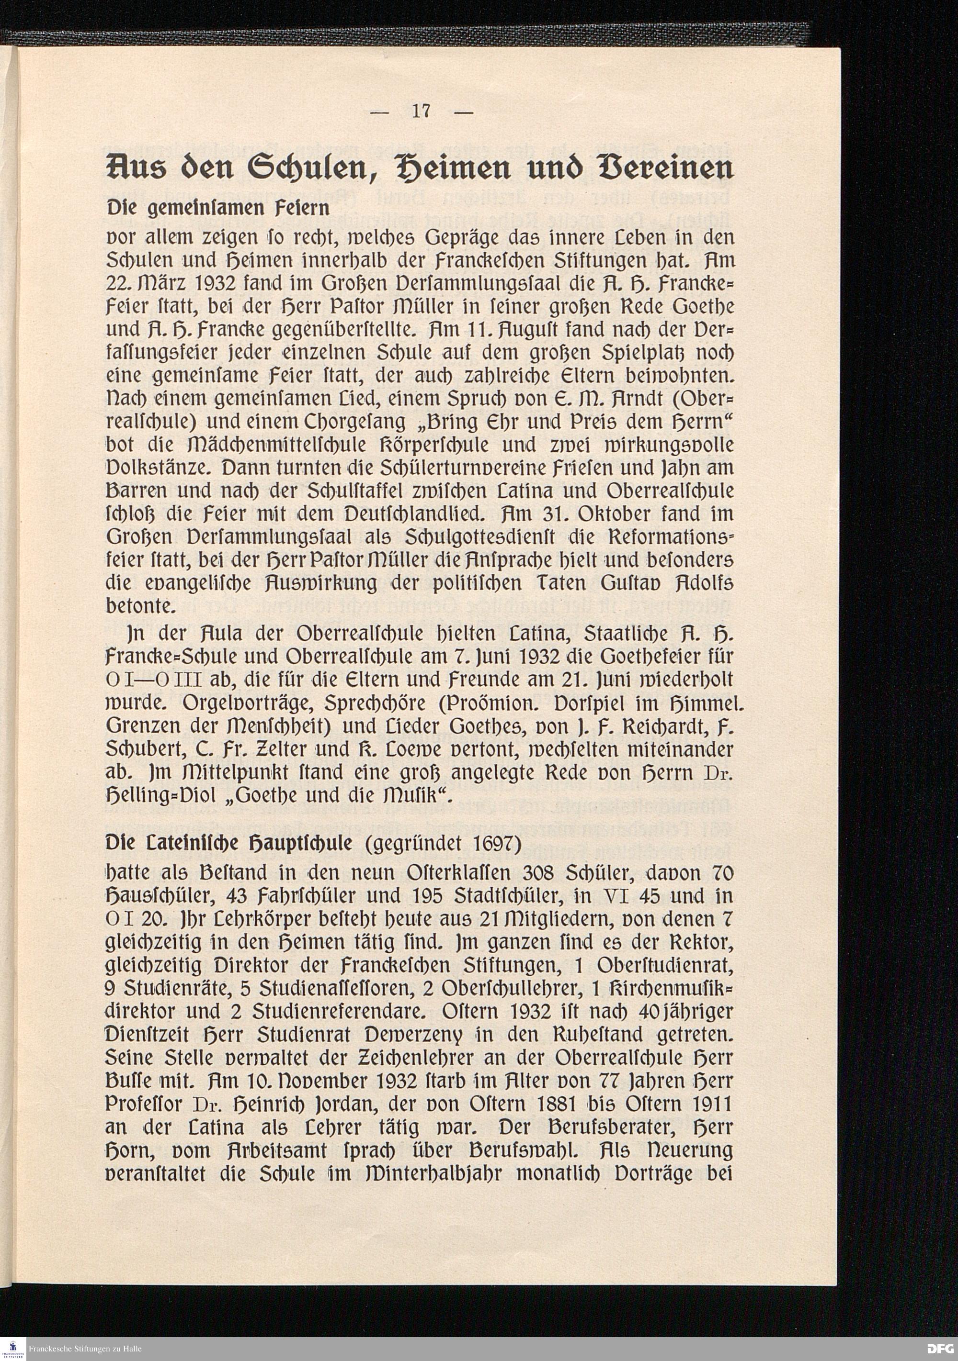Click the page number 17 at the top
click(x=421, y=111)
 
